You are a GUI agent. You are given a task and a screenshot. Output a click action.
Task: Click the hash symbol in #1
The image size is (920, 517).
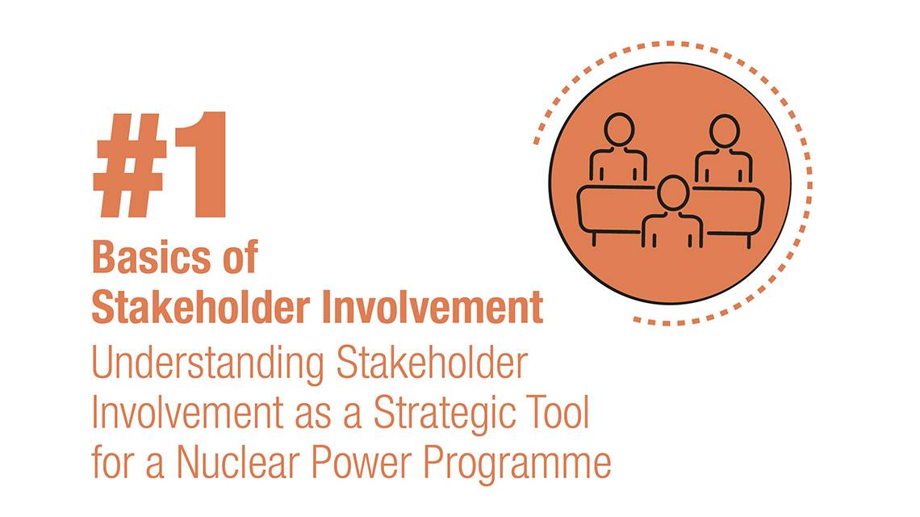131,166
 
